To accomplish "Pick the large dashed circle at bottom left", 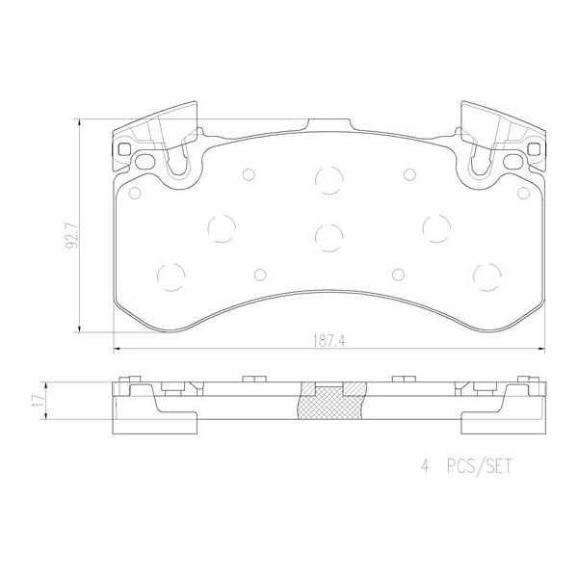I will coord(171,276).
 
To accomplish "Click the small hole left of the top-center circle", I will coord(248,174).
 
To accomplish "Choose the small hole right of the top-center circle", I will coord(409,174).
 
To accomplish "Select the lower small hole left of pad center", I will coord(260,274).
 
